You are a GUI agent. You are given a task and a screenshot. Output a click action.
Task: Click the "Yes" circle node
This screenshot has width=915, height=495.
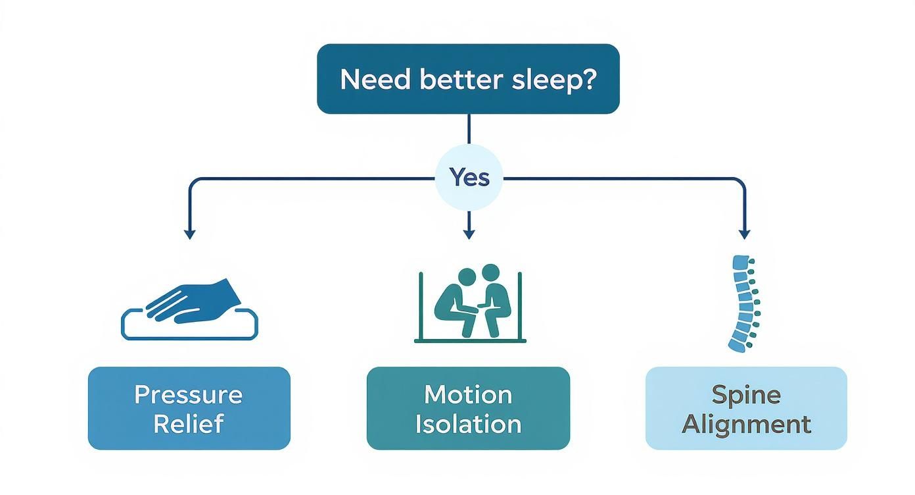click(x=469, y=178)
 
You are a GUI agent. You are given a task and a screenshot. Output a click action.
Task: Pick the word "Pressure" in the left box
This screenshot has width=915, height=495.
click(x=189, y=395)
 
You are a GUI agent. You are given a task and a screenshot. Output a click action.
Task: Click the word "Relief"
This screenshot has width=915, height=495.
click(x=189, y=424)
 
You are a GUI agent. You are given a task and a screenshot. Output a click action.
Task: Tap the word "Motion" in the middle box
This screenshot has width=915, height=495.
click(x=468, y=395)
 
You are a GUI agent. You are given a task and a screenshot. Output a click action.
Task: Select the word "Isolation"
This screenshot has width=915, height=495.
click(x=468, y=424)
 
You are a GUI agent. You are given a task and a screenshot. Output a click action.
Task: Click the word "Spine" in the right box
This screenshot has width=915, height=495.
click(x=746, y=395)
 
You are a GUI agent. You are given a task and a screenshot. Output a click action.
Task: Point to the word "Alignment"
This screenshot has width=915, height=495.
click(x=746, y=424)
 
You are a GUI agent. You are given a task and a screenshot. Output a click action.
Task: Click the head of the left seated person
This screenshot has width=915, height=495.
click(x=465, y=277)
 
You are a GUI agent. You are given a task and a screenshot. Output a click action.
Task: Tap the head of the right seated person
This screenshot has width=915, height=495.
click(x=490, y=273)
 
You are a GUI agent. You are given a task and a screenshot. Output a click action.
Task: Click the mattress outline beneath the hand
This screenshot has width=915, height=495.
click(x=189, y=332)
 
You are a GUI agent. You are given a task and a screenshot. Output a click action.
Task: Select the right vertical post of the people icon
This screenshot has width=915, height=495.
click(x=520, y=306)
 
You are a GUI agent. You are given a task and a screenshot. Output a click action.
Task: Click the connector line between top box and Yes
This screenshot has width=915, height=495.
click(x=469, y=129)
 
